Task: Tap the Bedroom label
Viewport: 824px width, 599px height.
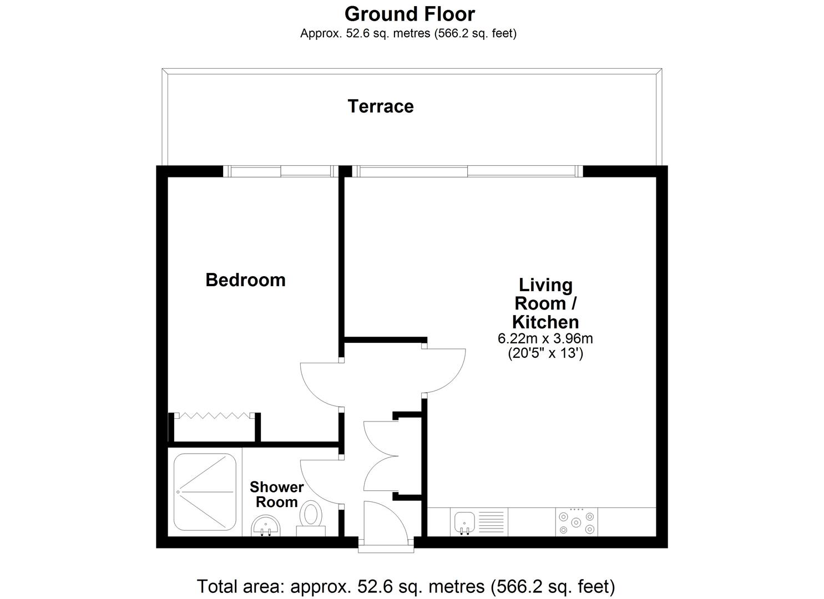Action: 245,280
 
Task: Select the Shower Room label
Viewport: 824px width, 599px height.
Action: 277,494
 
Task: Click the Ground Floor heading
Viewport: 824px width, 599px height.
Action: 410,14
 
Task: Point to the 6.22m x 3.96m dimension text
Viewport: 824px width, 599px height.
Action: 545,338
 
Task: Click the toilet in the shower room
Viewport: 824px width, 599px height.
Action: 311,518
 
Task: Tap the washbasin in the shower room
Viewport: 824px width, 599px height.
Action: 266,525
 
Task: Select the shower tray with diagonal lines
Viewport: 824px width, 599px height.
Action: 205,491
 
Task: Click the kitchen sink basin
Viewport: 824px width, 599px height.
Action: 464,522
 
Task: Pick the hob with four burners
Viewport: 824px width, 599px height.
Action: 577,522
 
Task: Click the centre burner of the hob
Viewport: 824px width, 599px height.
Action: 577,522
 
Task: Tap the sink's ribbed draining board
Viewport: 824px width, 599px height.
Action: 492,522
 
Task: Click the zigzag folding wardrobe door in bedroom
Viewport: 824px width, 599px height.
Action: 214,415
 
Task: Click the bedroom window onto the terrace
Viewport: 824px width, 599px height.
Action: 280,171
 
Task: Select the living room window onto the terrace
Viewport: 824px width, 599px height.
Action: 468,171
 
